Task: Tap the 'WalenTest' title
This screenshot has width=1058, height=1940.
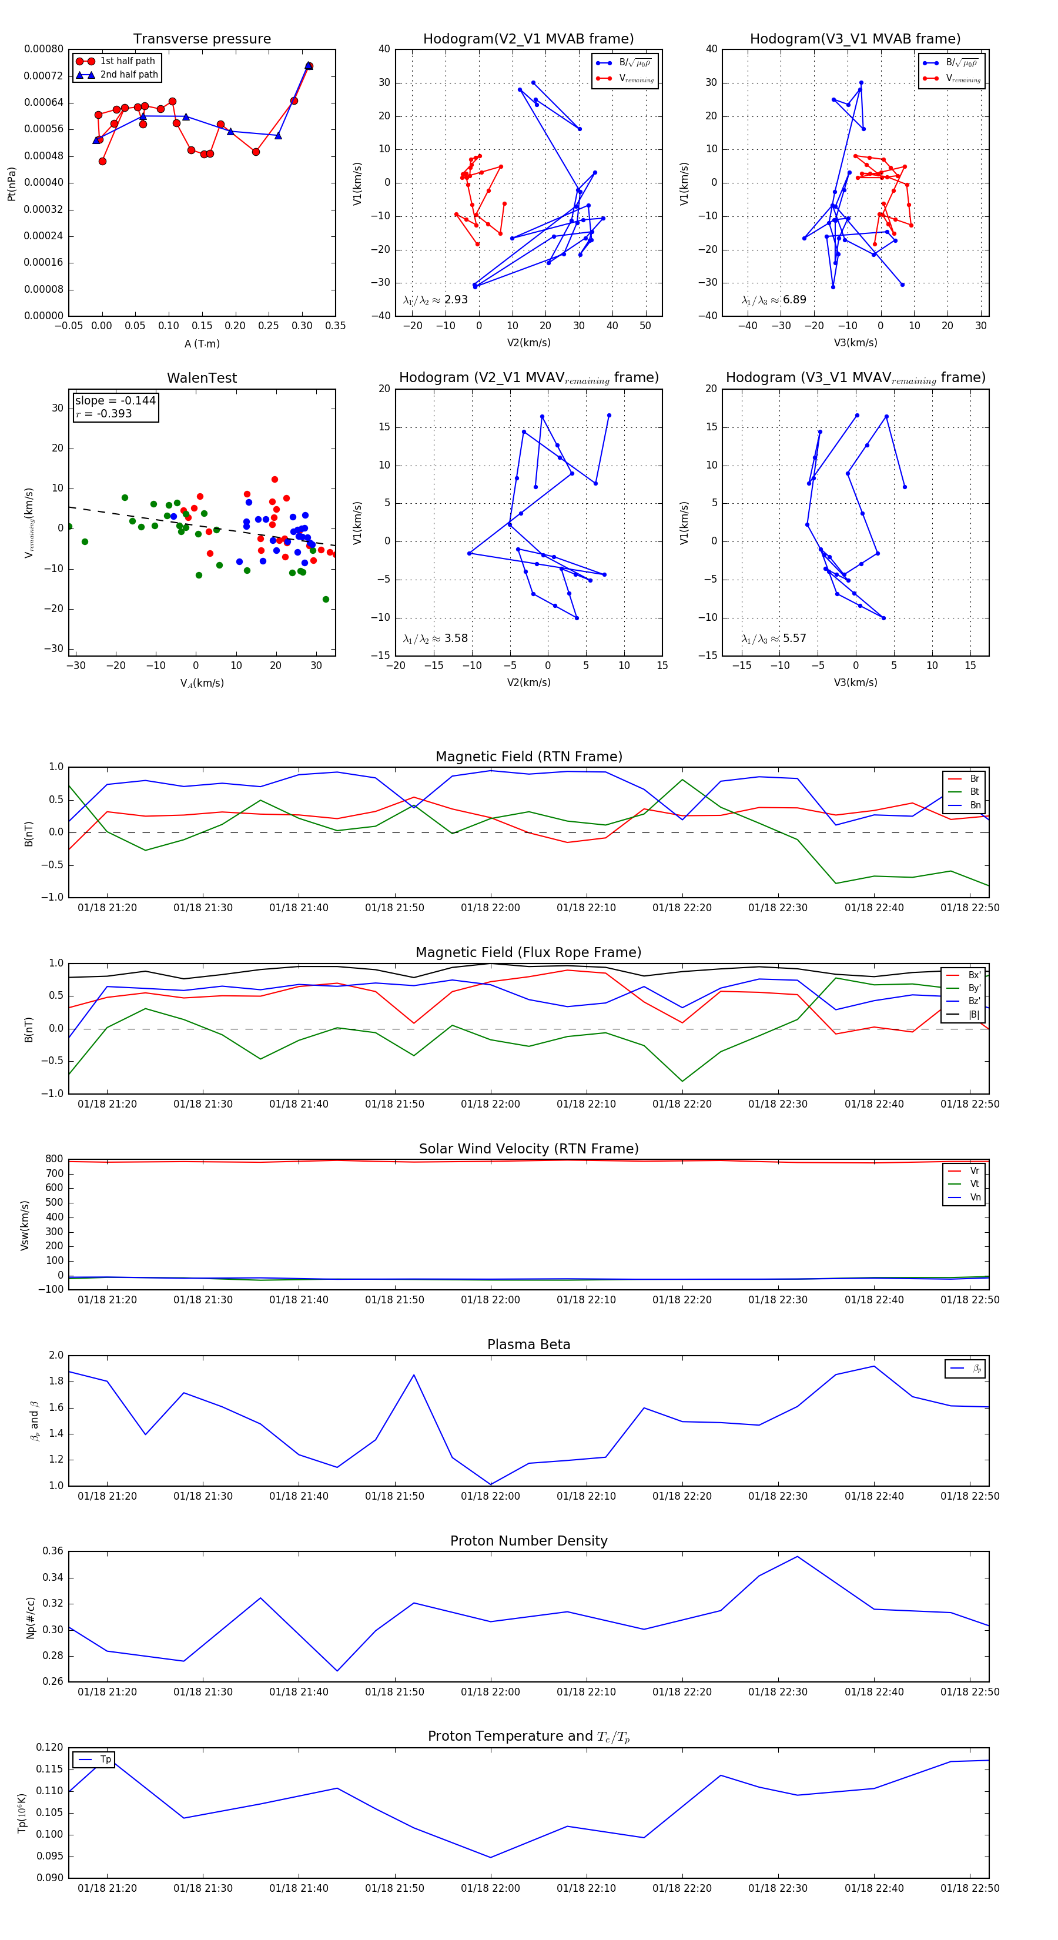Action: [202, 378]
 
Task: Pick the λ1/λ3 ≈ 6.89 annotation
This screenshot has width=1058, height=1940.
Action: [774, 300]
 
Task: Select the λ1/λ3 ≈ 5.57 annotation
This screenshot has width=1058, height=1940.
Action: [774, 638]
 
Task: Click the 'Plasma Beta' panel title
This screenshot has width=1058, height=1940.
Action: [528, 1345]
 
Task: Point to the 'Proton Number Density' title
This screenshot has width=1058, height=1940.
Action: [528, 1541]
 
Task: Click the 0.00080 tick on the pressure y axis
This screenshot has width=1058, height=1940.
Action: [43, 49]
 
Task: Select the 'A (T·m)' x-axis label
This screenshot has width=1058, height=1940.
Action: [202, 344]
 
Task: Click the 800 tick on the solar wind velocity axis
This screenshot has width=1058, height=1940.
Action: [54, 1159]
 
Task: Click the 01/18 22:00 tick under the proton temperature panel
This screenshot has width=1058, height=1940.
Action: [490, 1888]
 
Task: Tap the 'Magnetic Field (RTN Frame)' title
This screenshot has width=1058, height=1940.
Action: [528, 757]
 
